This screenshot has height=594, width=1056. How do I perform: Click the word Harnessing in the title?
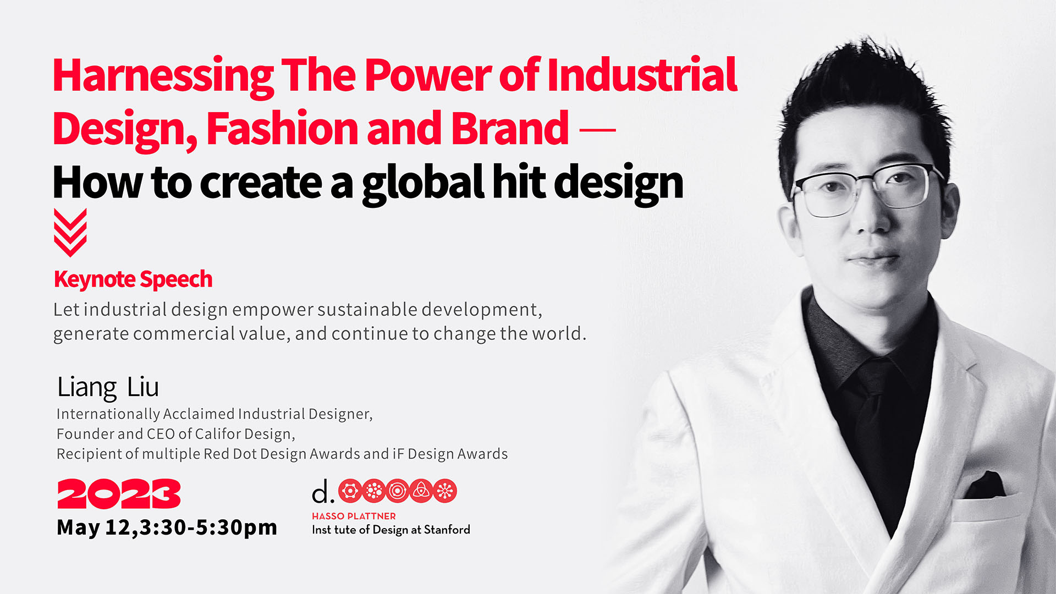163,76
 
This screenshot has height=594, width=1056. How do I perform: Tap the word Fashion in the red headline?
282,128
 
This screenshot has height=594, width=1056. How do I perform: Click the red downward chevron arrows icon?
70,232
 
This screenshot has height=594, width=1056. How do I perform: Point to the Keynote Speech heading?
133,279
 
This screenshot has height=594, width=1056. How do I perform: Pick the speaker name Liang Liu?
108,387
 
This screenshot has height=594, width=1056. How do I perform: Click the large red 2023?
119,493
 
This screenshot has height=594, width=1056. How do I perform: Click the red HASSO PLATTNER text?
354,516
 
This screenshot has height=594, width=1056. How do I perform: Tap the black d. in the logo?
323,491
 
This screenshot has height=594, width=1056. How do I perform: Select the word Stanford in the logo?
447,530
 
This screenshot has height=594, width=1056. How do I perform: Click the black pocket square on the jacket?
986,486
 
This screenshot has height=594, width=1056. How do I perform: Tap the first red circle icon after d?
350,491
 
